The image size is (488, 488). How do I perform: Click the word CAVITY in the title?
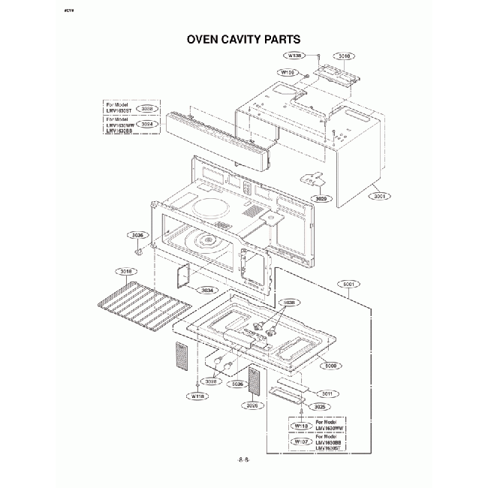click(245, 38)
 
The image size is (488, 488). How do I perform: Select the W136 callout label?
click(294, 56)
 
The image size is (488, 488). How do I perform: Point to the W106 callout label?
click(288, 72)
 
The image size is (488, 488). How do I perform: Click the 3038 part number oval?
click(146, 109)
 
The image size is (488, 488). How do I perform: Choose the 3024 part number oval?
click(146, 124)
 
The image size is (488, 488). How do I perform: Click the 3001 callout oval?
click(378, 196)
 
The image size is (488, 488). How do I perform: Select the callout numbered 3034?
click(207, 290)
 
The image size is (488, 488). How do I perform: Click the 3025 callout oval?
click(320, 406)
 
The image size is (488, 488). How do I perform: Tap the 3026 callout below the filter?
click(252, 405)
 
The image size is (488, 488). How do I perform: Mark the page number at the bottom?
click(243, 457)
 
